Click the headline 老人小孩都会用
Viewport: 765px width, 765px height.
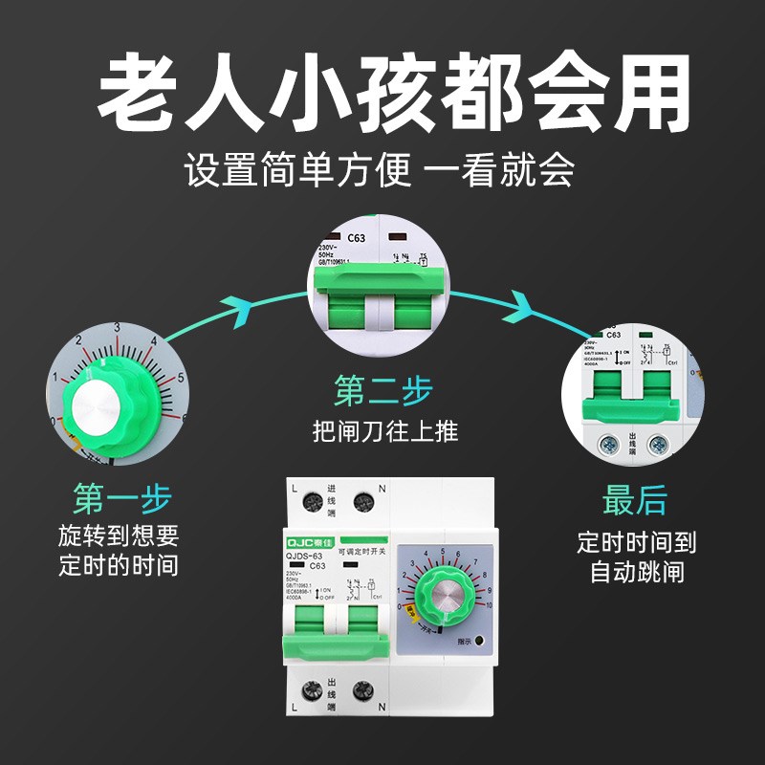coord(382,94)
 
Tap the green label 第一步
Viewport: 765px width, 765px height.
coord(121,498)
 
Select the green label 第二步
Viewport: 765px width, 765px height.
coord(382,390)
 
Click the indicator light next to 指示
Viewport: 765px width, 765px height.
coord(477,643)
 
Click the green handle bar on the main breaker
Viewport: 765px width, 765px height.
coord(335,651)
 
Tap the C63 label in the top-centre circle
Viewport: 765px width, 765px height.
coord(356,238)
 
